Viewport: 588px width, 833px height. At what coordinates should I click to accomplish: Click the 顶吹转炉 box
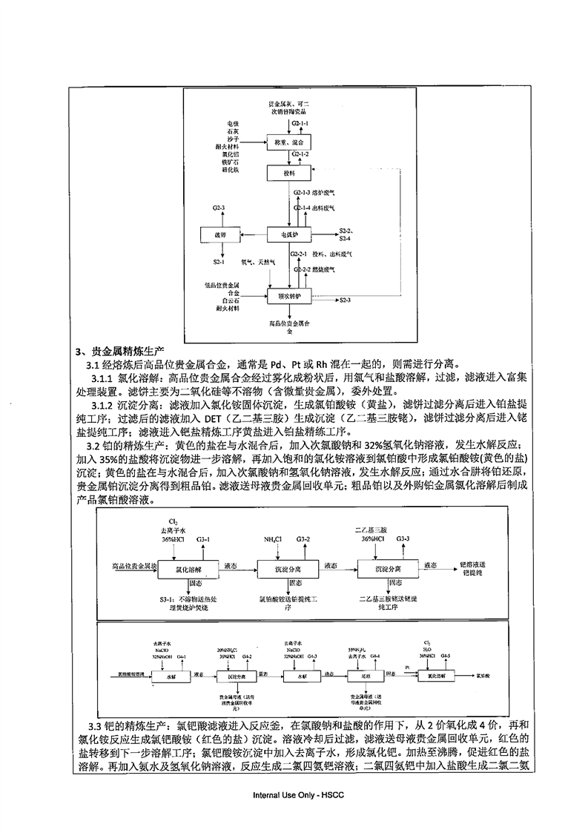point(288,295)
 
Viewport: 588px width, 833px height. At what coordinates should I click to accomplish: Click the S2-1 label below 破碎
point(219,262)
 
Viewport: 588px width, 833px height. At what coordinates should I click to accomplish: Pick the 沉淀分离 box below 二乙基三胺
point(384,567)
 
